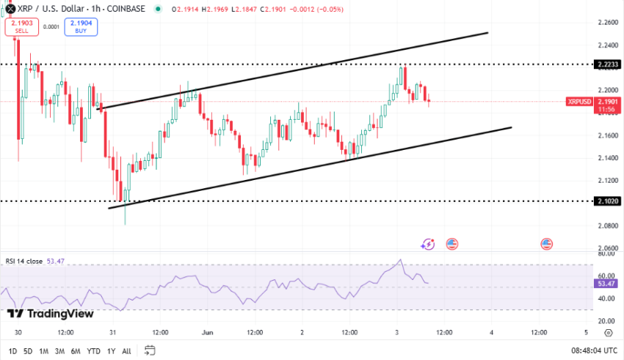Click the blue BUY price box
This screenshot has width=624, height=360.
81,26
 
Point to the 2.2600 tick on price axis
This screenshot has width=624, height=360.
609,22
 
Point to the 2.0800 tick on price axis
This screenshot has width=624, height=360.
609,226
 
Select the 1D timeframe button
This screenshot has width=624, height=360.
12,350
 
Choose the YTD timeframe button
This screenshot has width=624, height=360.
92,350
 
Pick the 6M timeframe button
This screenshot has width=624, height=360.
75,350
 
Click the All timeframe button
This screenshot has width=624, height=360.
126,350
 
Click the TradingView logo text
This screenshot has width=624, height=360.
51,314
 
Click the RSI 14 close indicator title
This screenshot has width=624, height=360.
24,261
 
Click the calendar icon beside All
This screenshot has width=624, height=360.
150,350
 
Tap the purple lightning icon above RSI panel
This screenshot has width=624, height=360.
428,244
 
